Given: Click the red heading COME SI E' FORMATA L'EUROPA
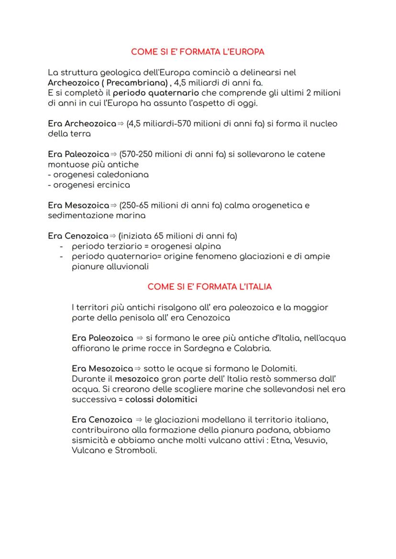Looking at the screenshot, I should point(198,51).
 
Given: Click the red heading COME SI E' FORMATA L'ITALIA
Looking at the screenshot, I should point(209,287).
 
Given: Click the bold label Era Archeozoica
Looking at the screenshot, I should point(82,123).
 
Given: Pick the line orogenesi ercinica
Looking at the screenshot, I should point(91,185).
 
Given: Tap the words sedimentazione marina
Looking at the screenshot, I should point(97,216).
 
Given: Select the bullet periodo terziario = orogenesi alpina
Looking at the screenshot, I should point(146,246).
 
